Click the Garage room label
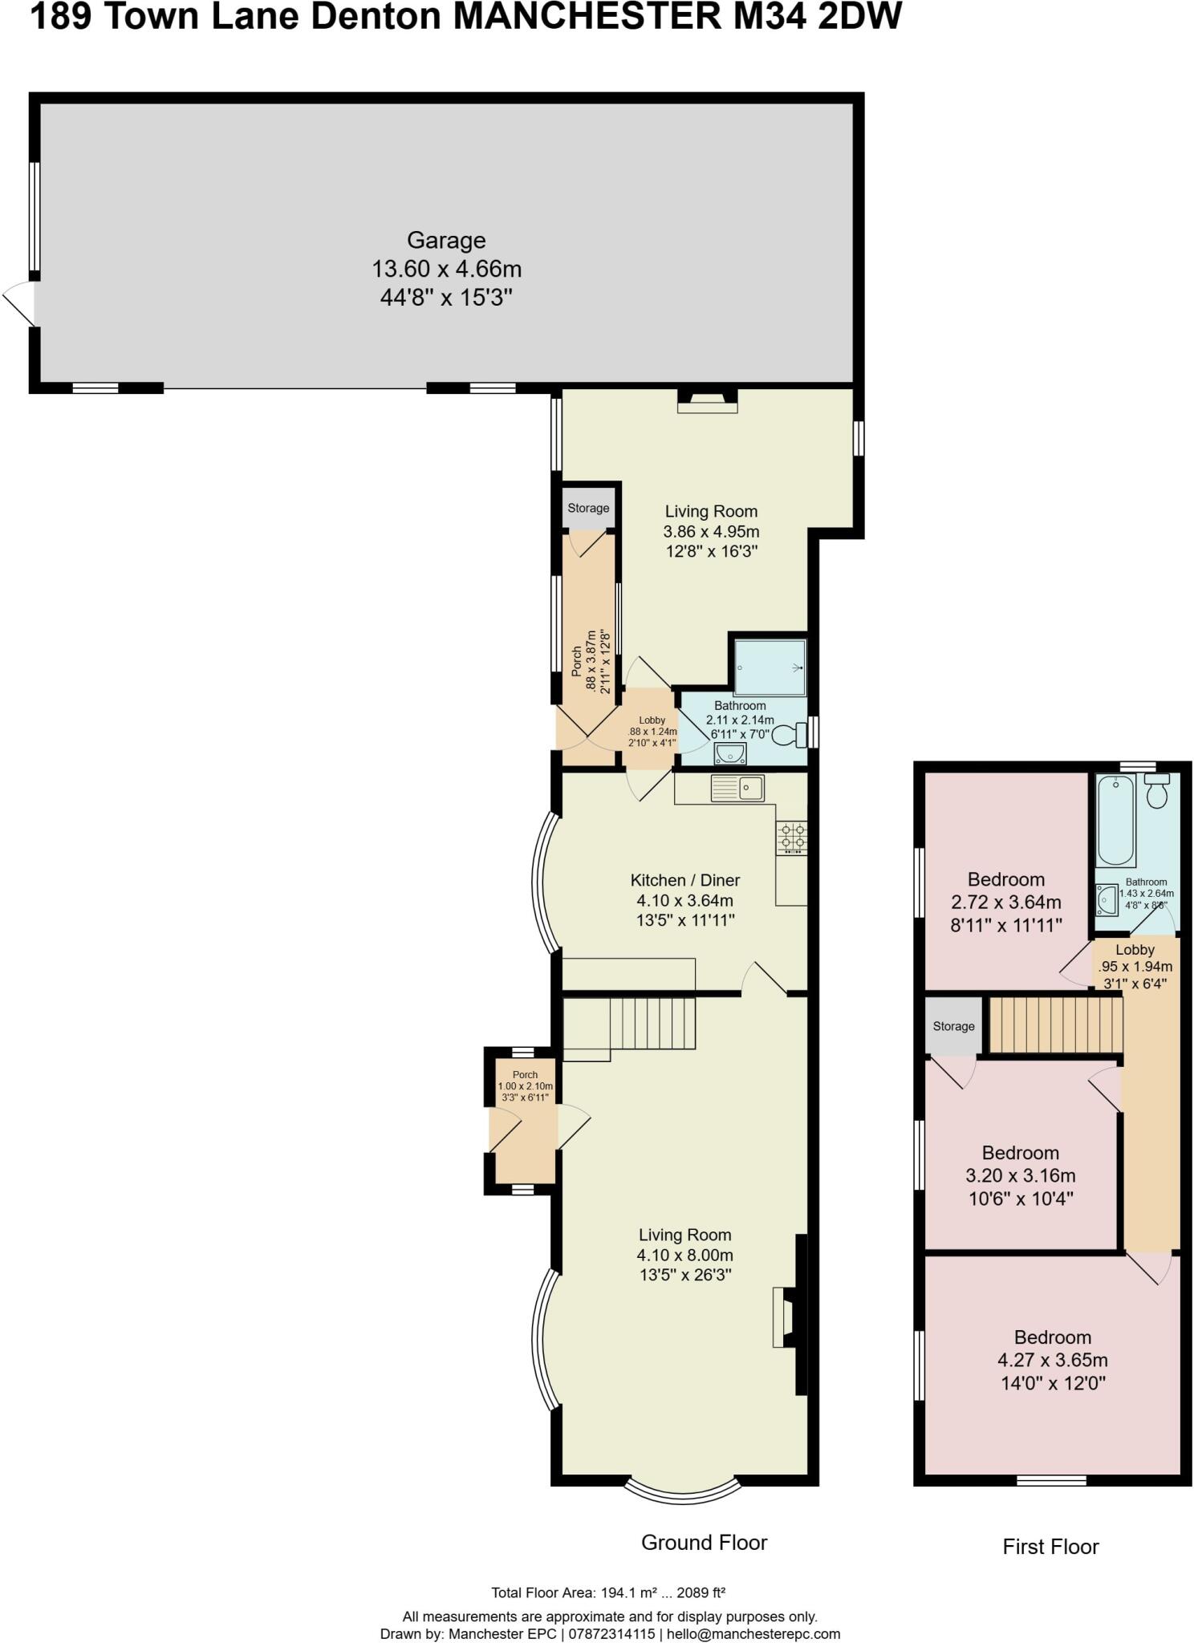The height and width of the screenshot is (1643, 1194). click(446, 240)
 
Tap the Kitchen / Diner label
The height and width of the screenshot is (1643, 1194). click(685, 880)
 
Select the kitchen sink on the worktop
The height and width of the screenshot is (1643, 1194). click(737, 788)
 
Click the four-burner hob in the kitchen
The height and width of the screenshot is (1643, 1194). click(791, 838)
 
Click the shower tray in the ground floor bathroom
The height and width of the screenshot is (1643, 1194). click(770, 667)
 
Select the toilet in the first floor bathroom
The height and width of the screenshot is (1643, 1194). click(1156, 791)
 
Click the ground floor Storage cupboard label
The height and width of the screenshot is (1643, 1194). click(588, 508)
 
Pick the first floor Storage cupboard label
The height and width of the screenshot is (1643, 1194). click(953, 1026)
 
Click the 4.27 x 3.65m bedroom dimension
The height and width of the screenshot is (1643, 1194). click(1052, 1360)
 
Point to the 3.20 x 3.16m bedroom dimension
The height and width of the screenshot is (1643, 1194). click(1020, 1175)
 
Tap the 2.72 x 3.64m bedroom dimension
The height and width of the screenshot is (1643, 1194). click(1006, 902)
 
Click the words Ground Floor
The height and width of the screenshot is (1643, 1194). click(704, 1542)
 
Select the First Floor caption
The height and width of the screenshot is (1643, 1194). click(1050, 1546)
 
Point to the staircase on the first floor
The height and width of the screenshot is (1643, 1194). click(1055, 1024)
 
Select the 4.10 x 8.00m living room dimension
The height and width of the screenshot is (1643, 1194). click(684, 1255)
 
